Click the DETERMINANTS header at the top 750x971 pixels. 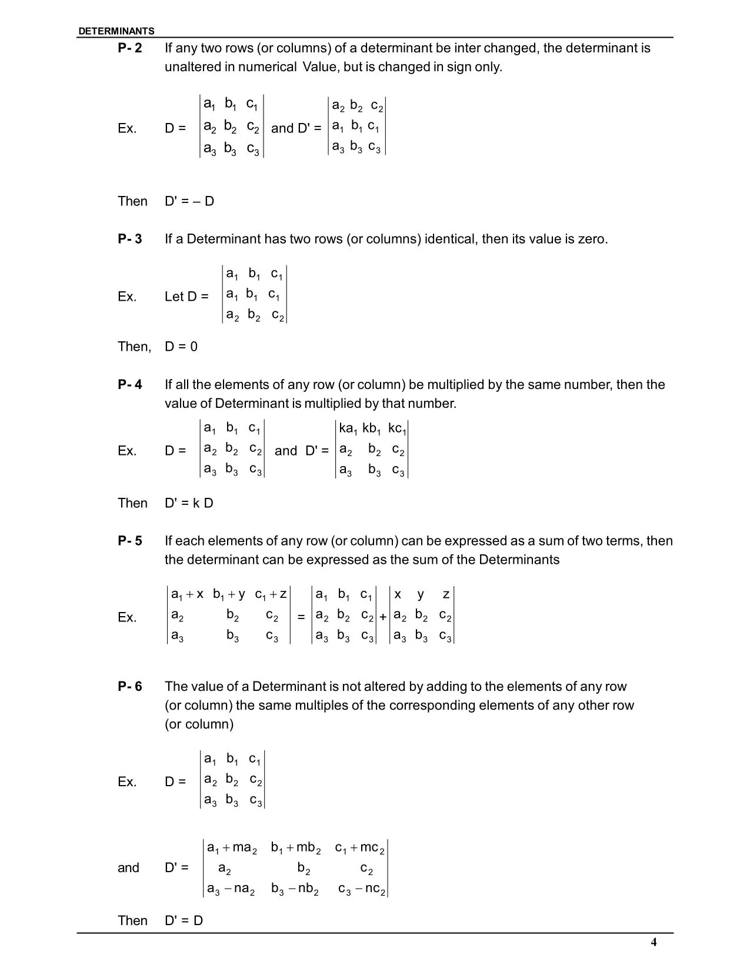pyautogui.click(x=116, y=31)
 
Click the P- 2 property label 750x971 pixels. pyautogui.click(x=129, y=48)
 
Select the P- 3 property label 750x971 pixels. pyautogui.click(x=129, y=239)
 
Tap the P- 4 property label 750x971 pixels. pyautogui.click(x=129, y=385)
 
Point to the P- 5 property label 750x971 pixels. pyautogui.click(x=129, y=541)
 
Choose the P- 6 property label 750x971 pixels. pyautogui.click(x=129, y=687)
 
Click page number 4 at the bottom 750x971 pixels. pyautogui.click(x=654, y=943)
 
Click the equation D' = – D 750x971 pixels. pyautogui.click(x=189, y=201)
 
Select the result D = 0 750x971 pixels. pyautogui.click(x=181, y=347)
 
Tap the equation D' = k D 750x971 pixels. pyautogui.click(x=189, y=503)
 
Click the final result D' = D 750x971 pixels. pyautogui.click(x=184, y=920)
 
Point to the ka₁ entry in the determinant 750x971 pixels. pyautogui.click(x=348, y=429)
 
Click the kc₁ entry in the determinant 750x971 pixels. pyautogui.click(x=397, y=429)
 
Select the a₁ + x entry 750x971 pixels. pyautogui.click(x=187, y=594)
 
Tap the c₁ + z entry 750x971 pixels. pyautogui.click(x=271, y=594)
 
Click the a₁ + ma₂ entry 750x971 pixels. pyautogui.click(x=232, y=848)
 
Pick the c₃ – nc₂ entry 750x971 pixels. pyautogui.click(x=361, y=889)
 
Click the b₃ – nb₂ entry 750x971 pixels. pyautogui.click(x=295, y=889)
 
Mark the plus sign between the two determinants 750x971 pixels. pyautogui.click(x=383, y=617)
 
